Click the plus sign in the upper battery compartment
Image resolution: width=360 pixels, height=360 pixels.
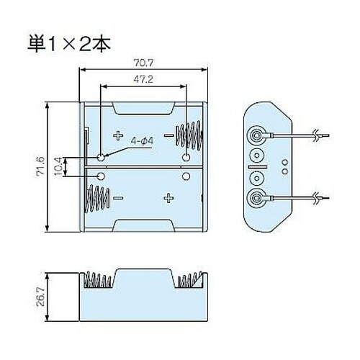[118, 135]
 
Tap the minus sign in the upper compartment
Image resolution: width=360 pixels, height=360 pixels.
[168, 135]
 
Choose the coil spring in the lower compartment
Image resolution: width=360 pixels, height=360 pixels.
[98, 197]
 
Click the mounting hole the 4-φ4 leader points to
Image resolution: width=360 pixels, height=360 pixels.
[101, 157]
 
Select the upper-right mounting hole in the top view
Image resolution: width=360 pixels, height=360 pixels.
[187, 157]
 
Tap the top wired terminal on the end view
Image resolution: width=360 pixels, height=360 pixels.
[256, 135]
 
